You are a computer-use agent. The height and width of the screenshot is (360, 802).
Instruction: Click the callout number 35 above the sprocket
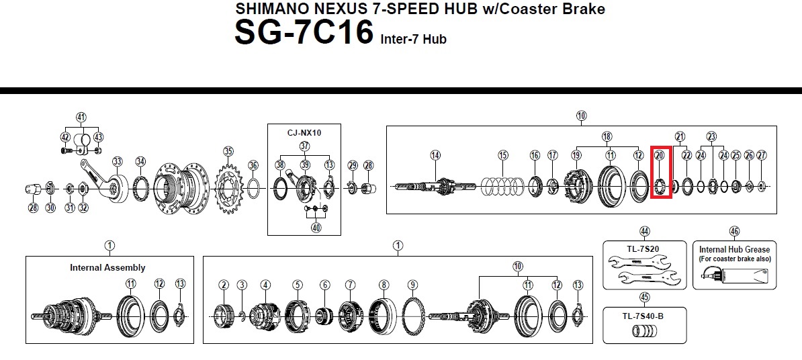[228, 151]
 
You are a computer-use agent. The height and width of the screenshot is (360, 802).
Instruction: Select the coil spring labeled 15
[503, 187]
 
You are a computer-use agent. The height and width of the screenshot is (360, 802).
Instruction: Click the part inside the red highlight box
[660, 185]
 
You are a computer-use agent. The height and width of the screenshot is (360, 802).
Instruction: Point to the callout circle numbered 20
[659, 155]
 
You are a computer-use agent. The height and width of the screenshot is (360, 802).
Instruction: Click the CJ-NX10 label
[304, 133]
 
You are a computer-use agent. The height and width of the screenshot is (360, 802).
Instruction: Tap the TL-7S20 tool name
[643, 250]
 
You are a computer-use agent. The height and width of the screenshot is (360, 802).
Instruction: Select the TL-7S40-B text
[643, 316]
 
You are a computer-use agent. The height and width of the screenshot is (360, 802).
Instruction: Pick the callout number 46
[734, 232]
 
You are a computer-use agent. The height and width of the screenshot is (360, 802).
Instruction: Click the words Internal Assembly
[107, 267]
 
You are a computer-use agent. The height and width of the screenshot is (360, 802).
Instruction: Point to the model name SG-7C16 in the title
[304, 32]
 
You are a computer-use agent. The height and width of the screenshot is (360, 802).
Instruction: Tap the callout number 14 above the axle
[435, 155]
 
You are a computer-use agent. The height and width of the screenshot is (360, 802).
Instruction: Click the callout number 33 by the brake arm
[118, 162]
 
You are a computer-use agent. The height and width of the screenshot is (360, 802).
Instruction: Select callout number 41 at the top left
[81, 118]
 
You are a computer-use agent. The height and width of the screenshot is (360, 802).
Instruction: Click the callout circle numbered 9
[413, 285]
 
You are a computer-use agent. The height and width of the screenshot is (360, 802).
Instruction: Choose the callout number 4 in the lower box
[265, 285]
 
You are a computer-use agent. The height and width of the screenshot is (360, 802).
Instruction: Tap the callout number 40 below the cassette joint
[316, 228]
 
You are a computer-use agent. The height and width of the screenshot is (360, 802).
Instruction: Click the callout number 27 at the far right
[762, 155]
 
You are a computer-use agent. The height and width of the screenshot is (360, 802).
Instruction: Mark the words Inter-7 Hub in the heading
[413, 40]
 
